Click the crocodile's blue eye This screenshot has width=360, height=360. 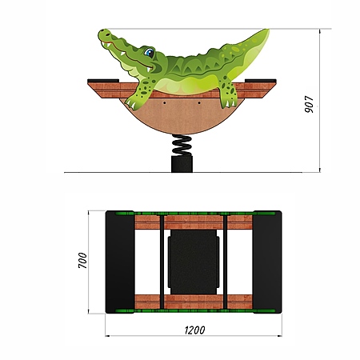point(149,52)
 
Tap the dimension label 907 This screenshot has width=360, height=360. point(310,104)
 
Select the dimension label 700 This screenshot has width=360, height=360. point(82,260)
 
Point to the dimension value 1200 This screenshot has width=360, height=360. point(195,330)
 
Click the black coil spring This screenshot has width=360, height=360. point(182,145)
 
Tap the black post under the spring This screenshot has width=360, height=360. point(182,164)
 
